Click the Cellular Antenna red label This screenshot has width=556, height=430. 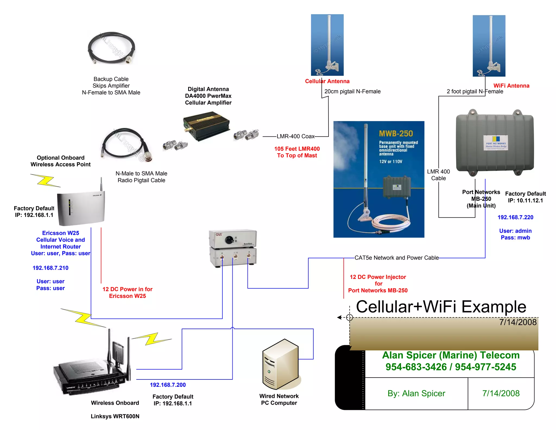(x=327, y=81)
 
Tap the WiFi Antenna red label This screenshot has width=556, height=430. (x=511, y=86)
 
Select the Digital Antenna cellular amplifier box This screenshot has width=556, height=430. (x=207, y=126)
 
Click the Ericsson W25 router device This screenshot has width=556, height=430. (x=81, y=208)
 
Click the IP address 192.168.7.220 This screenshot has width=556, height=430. (x=515, y=217)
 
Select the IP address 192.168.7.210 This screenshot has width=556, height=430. (x=50, y=268)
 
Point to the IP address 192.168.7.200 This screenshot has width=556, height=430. (x=168, y=385)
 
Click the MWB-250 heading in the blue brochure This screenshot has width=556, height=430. (x=396, y=133)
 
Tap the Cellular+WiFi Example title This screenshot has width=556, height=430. (x=441, y=307)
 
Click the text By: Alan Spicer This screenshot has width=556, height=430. (x=416, y=393)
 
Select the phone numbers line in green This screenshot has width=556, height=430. (x=451, y=367)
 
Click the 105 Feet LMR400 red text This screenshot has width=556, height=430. (x=297, y=149)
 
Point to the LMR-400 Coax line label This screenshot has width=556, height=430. (x=295, y=136)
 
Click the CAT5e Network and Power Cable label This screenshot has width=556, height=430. (x=396, y=258)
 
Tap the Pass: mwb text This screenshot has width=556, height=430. (x=515, y=238)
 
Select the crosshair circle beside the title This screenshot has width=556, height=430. (x=349, y=317)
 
